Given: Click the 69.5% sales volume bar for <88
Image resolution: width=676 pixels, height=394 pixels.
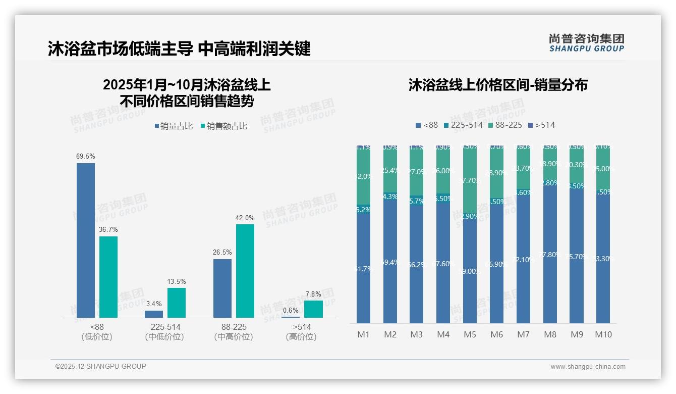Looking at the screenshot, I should point(86,240).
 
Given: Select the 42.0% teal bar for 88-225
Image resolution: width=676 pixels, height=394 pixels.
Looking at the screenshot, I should point(245,271).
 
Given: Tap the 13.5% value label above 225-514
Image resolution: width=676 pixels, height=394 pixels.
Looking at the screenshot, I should point(177,281).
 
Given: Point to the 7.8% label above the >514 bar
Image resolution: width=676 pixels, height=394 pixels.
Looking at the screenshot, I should point(313,294).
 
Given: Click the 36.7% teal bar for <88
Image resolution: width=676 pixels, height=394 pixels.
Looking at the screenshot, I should point(108,277).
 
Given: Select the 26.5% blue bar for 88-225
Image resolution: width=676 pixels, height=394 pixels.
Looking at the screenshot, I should point(222,288).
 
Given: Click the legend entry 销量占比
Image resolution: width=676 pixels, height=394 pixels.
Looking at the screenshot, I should point(173,126).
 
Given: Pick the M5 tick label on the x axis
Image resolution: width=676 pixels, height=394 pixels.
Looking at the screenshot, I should point(470,334).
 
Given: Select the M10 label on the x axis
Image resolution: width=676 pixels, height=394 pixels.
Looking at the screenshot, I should point(603,334).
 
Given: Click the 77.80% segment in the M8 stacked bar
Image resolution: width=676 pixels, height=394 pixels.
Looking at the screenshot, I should point(550,255).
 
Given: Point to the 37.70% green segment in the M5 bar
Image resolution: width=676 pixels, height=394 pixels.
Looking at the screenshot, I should point(470,180).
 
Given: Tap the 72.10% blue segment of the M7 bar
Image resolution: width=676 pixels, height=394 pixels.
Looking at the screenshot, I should point(523,260).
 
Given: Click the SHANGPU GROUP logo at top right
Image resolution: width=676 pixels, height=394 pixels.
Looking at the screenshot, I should point(586,43).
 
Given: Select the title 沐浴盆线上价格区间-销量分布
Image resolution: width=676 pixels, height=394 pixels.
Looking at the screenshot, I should point(498,85).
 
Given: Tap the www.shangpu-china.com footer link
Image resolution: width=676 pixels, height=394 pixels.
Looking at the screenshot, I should point(588,367).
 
